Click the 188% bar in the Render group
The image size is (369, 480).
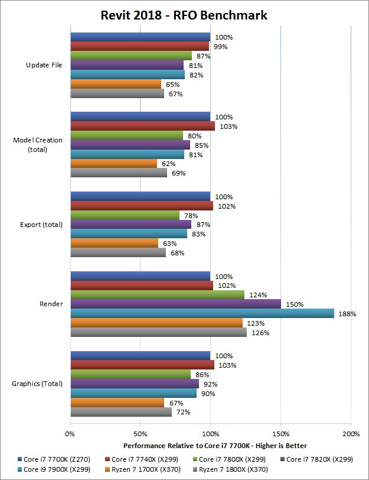coord(202,313)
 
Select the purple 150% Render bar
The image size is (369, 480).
coord(175,304)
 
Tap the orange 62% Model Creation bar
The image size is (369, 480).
coord(114,164)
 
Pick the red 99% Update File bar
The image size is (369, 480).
coord(140,46)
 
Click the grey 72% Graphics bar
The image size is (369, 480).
coord(121,412)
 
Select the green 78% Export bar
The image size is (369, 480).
coord(125,215)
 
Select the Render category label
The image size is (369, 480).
coord(51,304)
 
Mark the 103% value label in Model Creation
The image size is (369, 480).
coord(227,127)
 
